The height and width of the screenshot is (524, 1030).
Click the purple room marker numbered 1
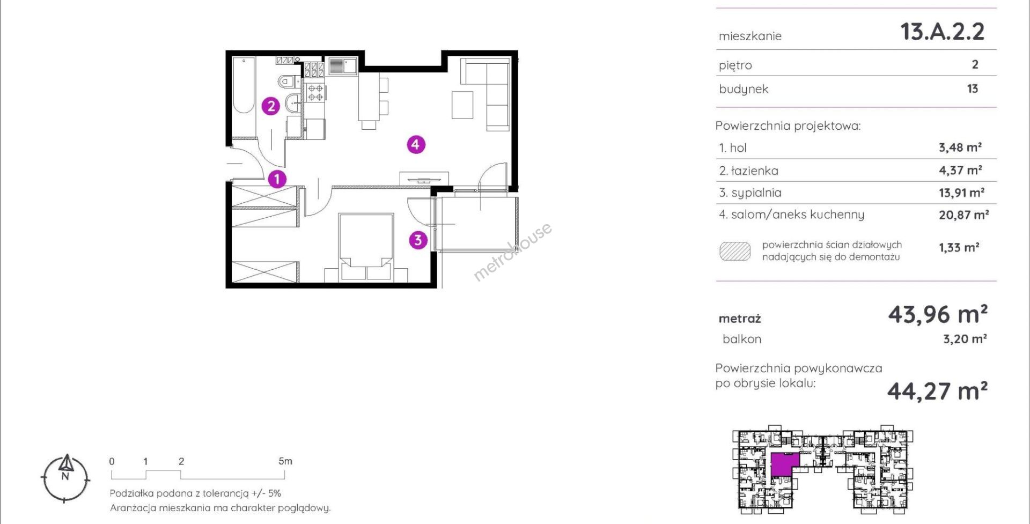pyautogui.click(x=277, y=179)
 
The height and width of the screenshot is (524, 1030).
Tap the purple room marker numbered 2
pyautogui.click(x=271, y=106)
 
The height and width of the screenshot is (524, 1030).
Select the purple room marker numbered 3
pyautogui.click(x=418, y=240)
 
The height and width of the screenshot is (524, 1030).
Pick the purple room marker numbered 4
pyautogui.click(x=416, y=144)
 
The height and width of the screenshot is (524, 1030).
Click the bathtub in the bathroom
pyautogui.click(x=244, y=85)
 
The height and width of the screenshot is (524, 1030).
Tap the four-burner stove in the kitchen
pyautogui.click(x=315, y=92)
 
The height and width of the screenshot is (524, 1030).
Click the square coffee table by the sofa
pyautogui.click(x=462, y=105)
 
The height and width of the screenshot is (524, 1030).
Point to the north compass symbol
pyautogui.click(x=65, y=478)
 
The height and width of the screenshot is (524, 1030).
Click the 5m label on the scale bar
pyautogui.click(x=285, y=461)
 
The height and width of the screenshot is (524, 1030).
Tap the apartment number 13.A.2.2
pyautogui.click(x=943, y=32)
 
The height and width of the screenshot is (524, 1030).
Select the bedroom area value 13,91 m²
pyautogui.click(x=961, y=193)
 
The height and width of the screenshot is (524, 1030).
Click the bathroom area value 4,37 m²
pyautogui.click(x=960, y=170)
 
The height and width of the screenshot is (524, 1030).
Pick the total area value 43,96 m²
pyautogui.click(x=938, y=314)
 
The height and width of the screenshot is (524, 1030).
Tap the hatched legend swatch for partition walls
pyautogui.click(x=735, y=252)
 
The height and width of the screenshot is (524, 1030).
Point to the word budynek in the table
pyautogui.click(x=744, y=89)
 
